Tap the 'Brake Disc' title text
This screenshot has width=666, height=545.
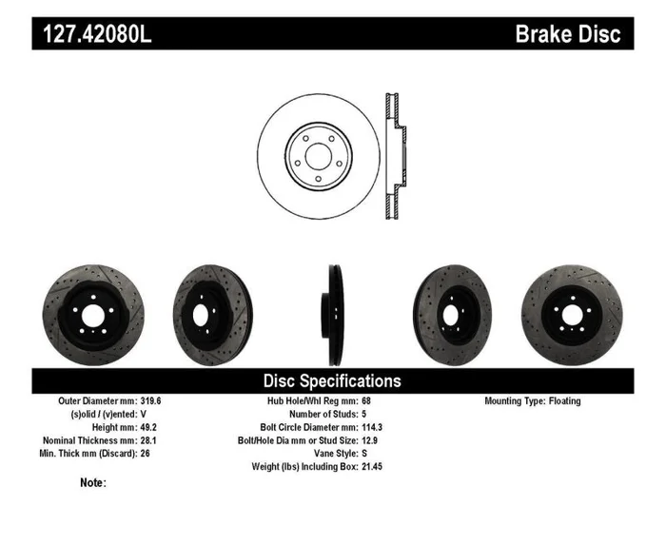tap(567, 35)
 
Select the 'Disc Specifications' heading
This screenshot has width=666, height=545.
tap(332, 380)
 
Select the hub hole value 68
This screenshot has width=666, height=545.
tap(366, 401)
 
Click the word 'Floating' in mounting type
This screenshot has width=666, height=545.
tap(563, 401)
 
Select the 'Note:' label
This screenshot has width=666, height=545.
tap(93, 483)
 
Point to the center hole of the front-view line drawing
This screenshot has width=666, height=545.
tap(319, 153)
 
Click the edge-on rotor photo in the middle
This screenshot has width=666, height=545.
tap(333, 314)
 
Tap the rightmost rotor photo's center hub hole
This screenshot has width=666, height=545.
tap(574, 315)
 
